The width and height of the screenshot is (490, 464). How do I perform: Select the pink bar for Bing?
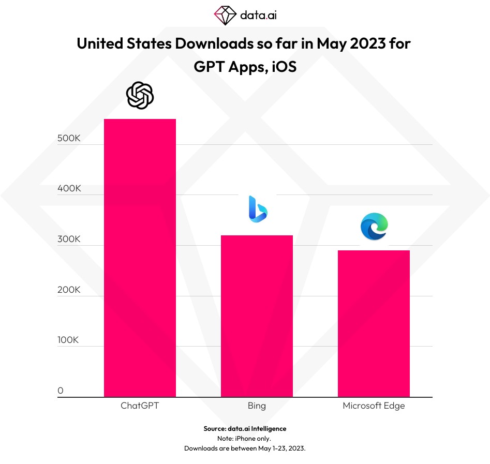257,316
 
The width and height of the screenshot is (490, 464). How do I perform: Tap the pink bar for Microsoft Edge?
374,323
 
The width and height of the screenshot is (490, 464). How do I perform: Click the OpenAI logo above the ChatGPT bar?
140,96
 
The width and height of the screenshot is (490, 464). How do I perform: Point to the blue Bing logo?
257,209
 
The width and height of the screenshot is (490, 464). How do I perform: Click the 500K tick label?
69,139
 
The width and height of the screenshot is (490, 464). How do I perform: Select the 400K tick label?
69,189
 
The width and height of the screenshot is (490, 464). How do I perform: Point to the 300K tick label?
69,240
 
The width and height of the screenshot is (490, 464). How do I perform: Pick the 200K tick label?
69,290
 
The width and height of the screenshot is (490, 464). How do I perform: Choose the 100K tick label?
69,340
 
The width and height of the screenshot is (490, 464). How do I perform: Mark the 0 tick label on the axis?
61,391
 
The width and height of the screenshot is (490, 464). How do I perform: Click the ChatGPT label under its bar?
140,406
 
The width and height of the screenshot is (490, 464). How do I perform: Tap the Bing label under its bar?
257,406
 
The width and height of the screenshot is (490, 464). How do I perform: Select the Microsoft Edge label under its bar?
374,406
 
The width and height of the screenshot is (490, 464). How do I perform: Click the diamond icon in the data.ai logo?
225,15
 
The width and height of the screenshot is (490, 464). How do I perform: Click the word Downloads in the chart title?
209,43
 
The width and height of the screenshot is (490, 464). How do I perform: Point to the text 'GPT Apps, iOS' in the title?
245,67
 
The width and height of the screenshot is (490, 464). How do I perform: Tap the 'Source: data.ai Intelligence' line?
245,428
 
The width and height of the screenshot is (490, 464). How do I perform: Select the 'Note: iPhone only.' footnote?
245,438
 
